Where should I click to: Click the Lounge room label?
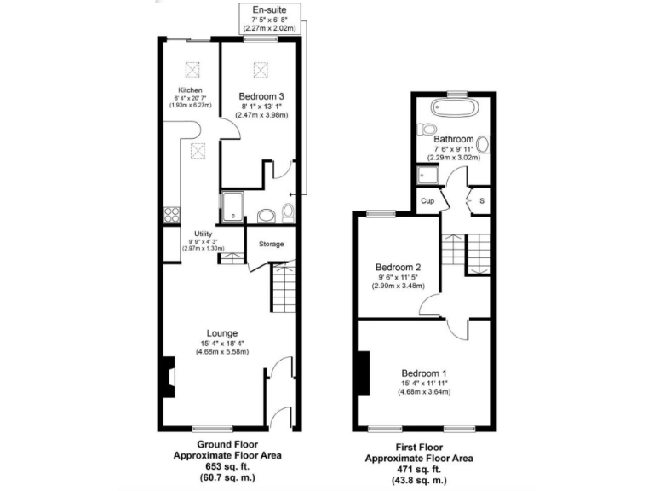coord(221,332)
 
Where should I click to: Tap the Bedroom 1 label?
coord(423,373)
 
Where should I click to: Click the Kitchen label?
coord(190,90)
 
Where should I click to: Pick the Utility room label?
coord(203,234)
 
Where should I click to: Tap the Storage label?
coord(271,245)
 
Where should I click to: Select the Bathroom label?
coord(453,139)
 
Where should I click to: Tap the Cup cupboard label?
coord(428,201)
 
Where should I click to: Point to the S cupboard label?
coord(482,201)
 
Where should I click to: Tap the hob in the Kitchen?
coord(171,215)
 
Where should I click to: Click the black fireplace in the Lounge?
coord(168,377)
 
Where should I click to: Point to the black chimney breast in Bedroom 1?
coord(364,373)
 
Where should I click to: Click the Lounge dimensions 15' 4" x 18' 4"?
coord(221,344)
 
